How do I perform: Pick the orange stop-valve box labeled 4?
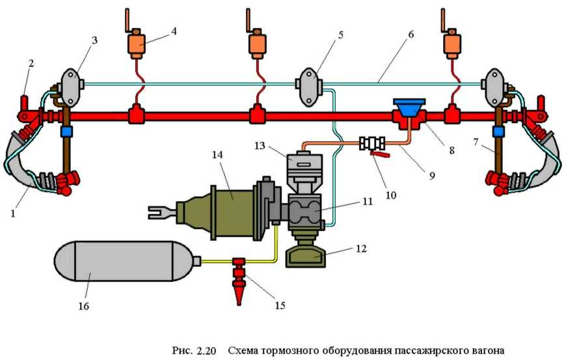137,44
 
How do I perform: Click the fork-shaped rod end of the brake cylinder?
157,211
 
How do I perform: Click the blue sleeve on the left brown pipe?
65,131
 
